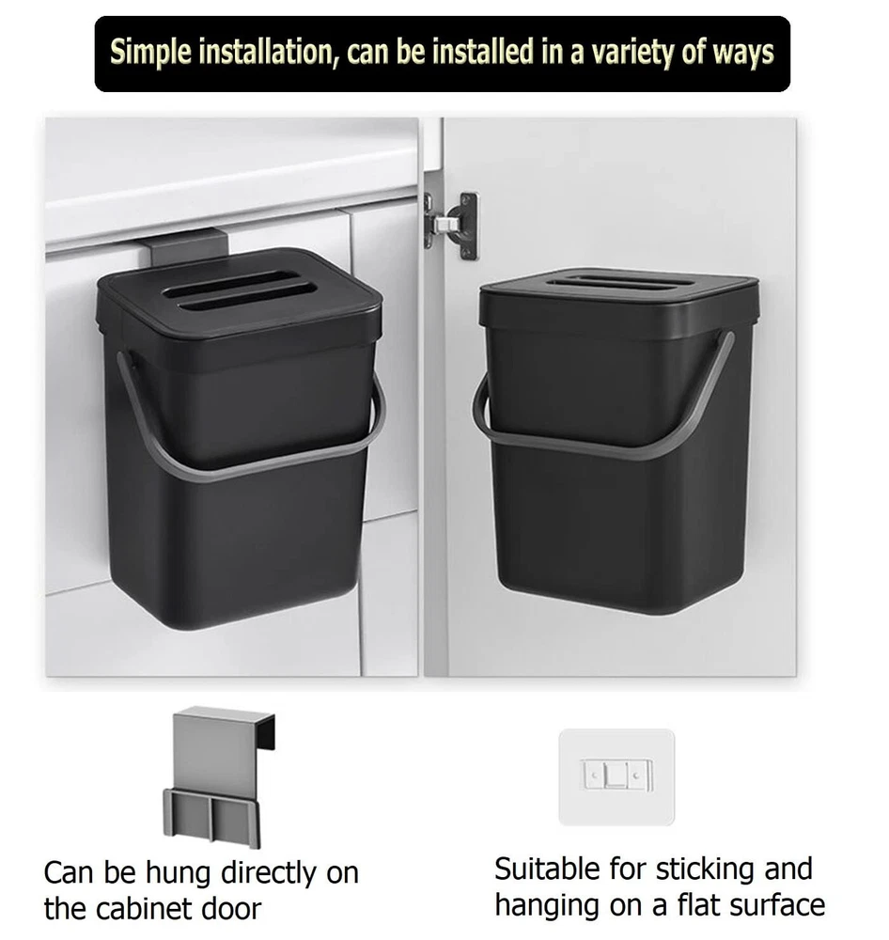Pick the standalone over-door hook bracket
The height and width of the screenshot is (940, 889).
click(219, 777)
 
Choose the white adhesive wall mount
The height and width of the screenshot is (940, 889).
click(616, 776)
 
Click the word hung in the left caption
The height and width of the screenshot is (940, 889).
click(180, 872)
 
